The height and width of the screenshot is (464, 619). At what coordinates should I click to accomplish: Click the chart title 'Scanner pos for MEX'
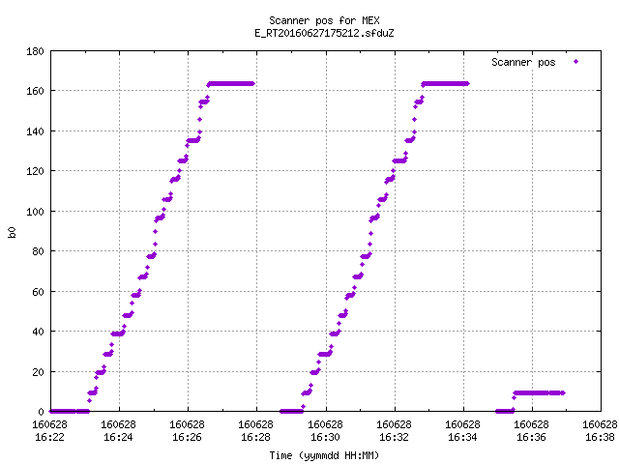pos(324,20)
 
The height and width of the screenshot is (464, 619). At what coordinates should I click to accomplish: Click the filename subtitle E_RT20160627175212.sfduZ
pos(324,33)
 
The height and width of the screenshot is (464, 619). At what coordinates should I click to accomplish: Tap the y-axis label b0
pos(12,232)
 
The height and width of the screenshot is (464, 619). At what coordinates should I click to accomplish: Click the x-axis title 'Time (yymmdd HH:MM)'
pos(324,455)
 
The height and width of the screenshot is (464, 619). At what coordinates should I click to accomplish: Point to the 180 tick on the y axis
pos(35,51)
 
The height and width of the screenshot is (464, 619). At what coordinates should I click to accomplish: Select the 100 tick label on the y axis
pos(35,212)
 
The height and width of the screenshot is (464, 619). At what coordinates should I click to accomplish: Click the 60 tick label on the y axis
pos(38,292)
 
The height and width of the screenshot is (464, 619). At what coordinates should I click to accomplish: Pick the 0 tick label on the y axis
pos(41,412)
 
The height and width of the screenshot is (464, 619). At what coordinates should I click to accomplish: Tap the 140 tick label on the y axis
pos(35,131)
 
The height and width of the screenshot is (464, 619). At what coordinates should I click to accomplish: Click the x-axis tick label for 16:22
pos(49,431)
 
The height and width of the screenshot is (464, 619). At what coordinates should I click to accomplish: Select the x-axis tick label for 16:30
pos(325,431)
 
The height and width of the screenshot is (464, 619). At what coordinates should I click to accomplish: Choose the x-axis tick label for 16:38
pos(600,431)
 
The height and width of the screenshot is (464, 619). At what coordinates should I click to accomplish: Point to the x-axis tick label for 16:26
pos(187,431)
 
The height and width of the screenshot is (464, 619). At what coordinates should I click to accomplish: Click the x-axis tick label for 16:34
pos(462,431)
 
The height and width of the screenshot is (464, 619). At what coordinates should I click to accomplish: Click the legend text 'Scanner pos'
pos(523,62)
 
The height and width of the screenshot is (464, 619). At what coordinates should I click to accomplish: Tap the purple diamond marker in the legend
pos(576,62)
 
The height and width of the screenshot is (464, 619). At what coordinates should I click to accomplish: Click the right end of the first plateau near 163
pos(252,84)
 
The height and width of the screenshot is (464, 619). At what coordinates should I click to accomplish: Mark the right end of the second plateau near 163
pos(467,84)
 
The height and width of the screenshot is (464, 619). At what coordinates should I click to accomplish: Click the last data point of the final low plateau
pos(563,393)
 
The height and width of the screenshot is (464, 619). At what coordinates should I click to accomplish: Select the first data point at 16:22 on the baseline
pos(50,412)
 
